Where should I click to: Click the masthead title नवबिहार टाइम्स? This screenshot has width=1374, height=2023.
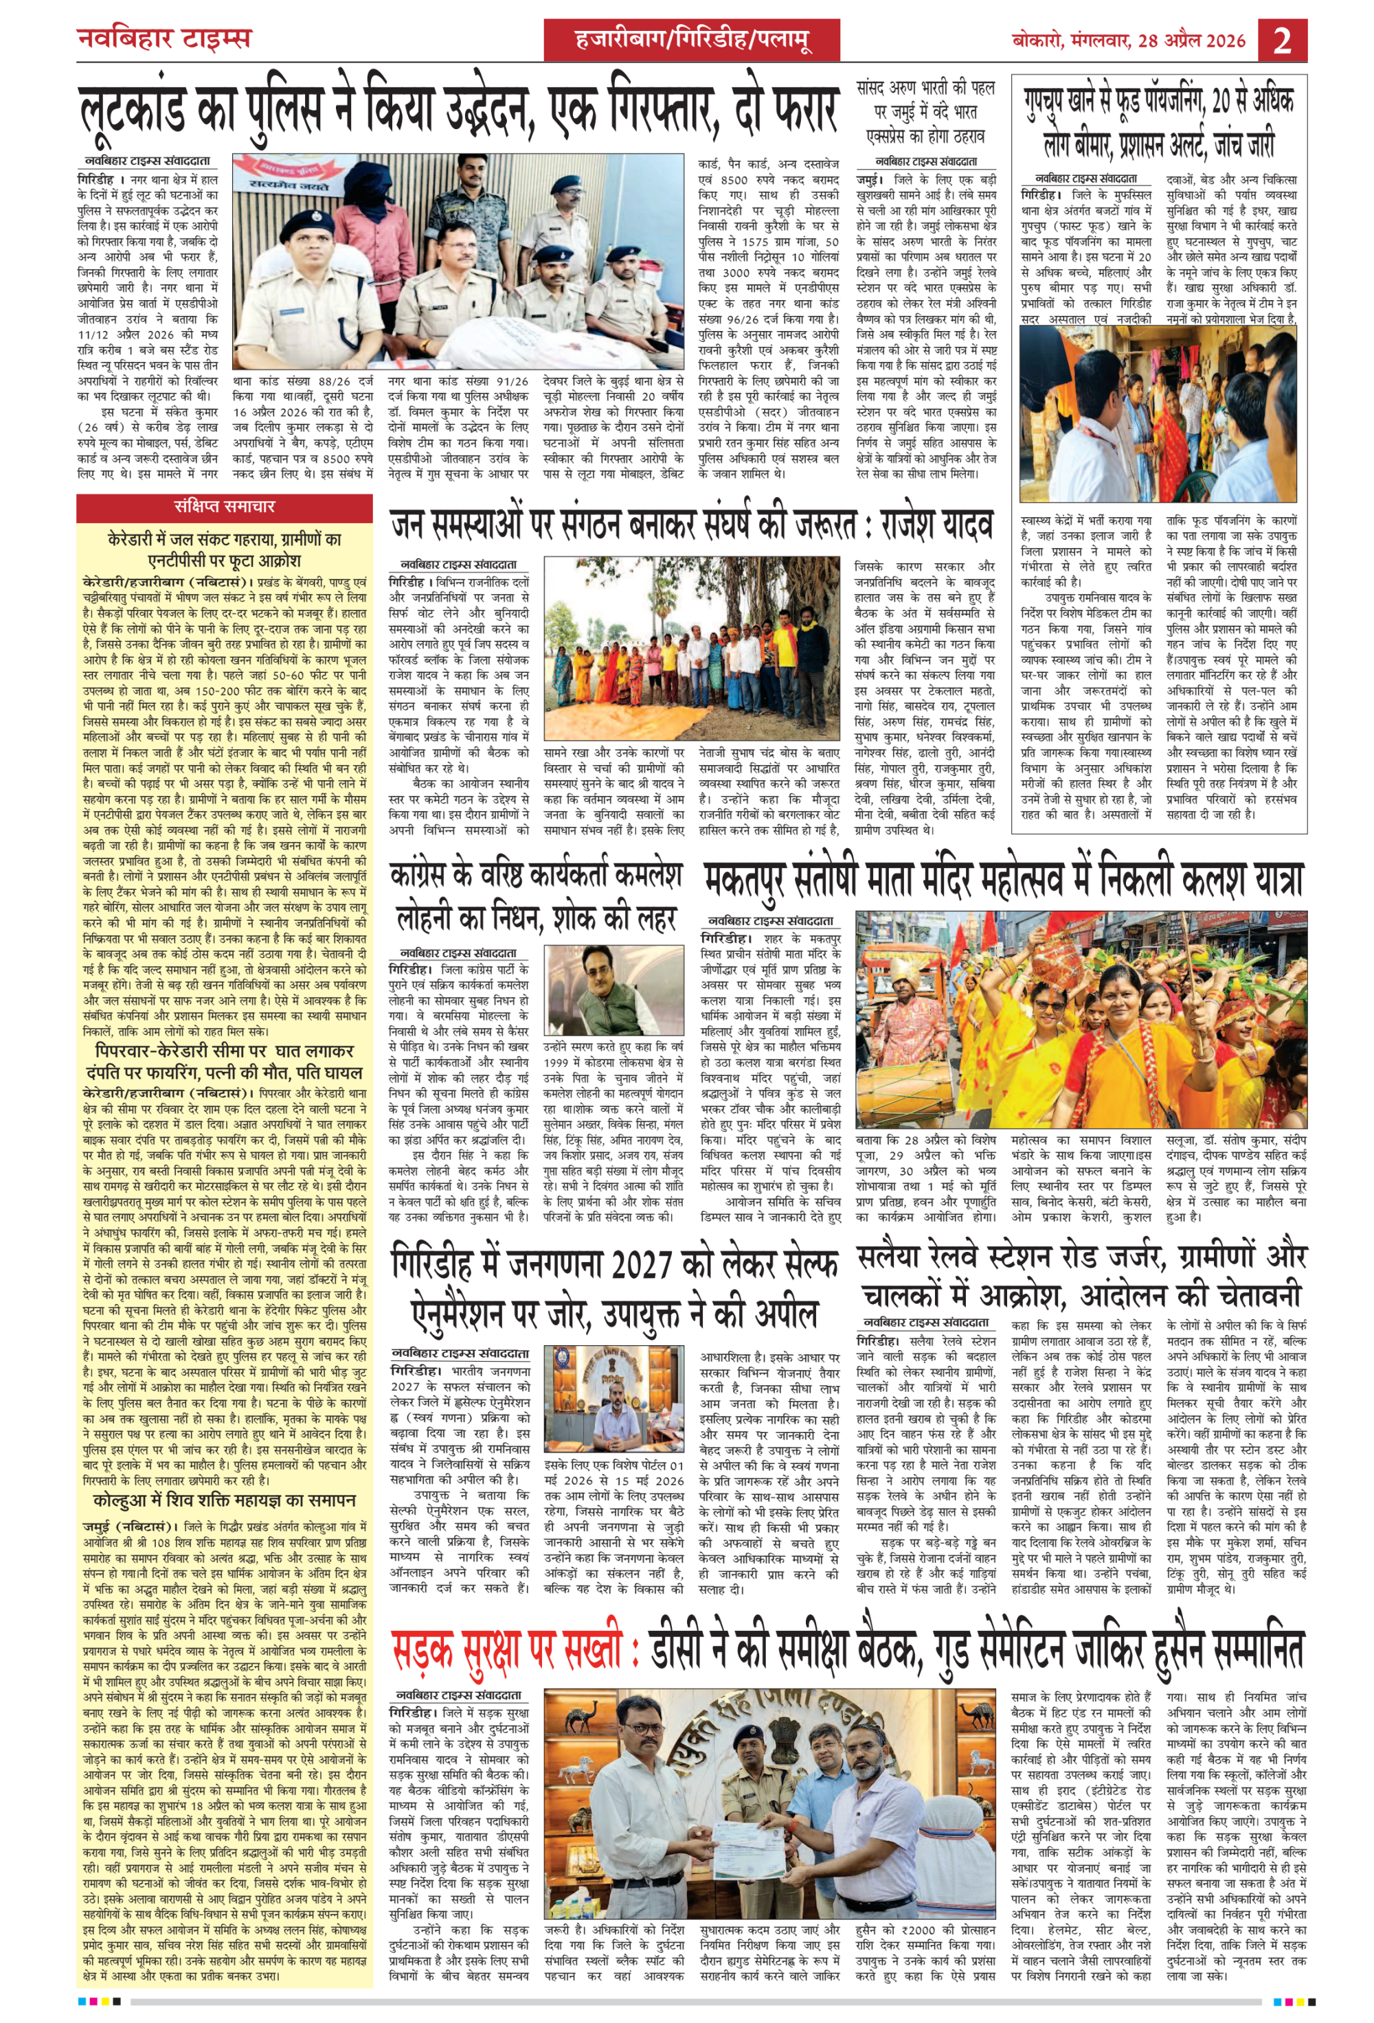click(163, 39)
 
